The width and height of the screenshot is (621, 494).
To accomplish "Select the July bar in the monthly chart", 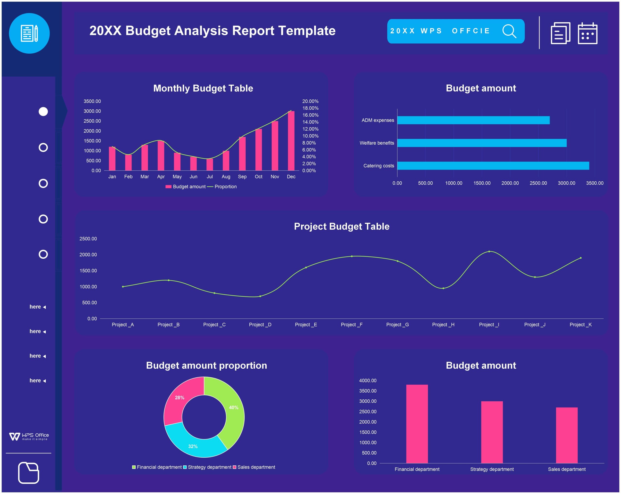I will point(210,164).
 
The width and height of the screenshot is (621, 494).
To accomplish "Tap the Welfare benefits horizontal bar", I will point(482,143).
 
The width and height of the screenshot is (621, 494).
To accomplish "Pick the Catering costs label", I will point(378,166).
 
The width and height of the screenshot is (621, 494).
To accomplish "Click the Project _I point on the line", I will point(489,251).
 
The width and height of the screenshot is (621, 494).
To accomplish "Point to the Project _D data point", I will point(260,296).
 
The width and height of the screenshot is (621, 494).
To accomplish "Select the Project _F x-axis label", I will point(351,325).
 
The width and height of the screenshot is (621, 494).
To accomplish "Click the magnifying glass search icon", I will point(509,31).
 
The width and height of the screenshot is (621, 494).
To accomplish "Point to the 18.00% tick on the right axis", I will point(310,108).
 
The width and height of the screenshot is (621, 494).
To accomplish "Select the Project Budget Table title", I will point(342,226).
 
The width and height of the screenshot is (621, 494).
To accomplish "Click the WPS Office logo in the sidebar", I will point(29,437).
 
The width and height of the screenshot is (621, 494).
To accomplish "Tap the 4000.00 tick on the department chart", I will point(368,381).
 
